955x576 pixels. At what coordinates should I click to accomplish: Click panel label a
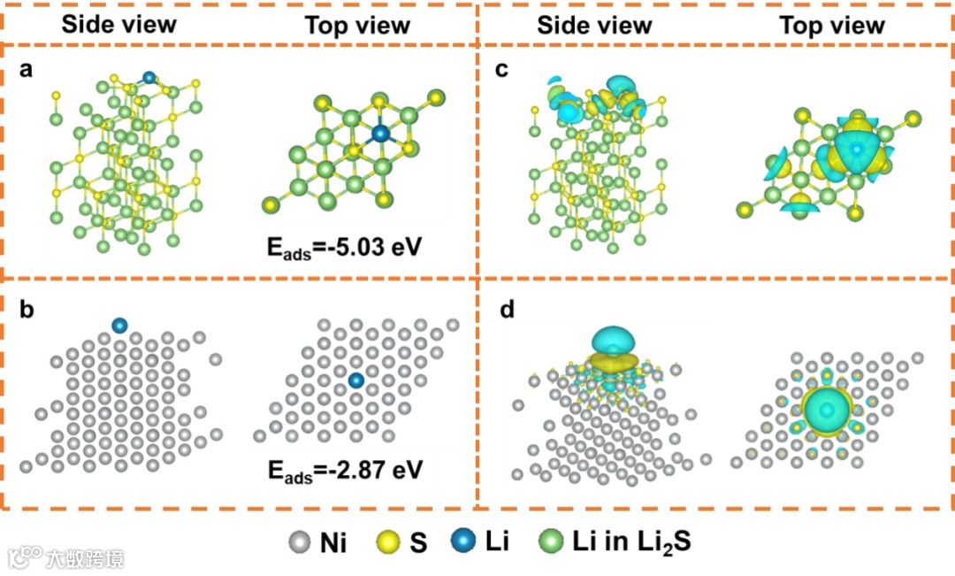27,71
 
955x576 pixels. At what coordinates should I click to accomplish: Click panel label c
501,71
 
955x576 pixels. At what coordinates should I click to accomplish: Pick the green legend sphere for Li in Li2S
552,541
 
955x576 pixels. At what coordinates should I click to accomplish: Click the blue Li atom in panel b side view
120,326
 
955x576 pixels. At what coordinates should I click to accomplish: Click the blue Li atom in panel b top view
355,380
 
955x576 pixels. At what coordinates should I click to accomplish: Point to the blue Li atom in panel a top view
380,134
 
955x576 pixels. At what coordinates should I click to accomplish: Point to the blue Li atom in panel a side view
149,79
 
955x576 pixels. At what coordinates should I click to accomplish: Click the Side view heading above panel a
118,24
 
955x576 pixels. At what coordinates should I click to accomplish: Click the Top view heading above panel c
831,24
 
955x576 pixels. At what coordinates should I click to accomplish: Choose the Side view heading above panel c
594,24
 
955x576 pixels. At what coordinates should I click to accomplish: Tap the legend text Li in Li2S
628,541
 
